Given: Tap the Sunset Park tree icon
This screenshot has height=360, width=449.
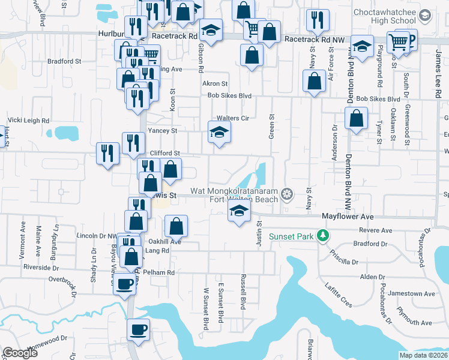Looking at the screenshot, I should (324, 236).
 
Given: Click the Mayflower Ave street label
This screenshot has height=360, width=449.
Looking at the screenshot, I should (348, 216).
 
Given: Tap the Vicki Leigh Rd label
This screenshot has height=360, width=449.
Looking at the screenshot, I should (29, 121).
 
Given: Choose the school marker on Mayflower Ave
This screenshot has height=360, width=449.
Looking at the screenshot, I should (239, 211).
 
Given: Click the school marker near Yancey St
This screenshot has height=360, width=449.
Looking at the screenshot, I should (219, 133).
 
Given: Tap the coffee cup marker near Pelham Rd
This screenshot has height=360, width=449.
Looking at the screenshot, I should (125, 283).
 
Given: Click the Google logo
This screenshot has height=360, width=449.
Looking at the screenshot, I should (20, 353).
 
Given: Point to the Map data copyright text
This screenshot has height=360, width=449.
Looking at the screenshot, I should (424, 355).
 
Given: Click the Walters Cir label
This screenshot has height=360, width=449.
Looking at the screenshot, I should (232, 118).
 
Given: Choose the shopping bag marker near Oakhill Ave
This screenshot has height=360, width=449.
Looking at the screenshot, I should (176, 227).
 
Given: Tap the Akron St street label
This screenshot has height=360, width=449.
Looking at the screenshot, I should (215, 84).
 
